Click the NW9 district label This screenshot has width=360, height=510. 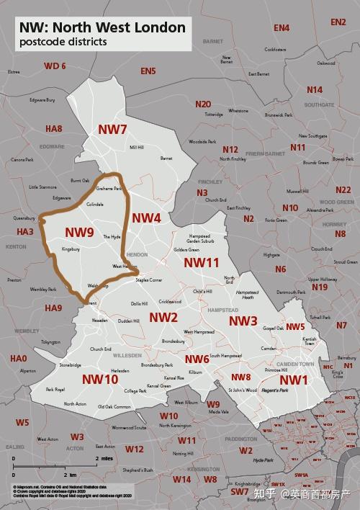[79, 232]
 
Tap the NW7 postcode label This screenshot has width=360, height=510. [112, 130]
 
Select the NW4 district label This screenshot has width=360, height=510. [146, 218]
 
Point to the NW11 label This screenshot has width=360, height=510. [201, 263]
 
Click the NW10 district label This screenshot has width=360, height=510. [100, 379]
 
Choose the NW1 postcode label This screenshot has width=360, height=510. [294, 380]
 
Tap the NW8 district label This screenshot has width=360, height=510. [240, 377]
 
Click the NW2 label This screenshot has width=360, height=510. [163, 317]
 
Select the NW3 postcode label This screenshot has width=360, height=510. [243, 321]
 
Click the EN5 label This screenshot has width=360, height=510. [148, 71]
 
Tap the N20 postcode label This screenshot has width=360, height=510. [203, 104]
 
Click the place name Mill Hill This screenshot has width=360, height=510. [136, 148]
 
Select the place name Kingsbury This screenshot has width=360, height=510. [70, 249]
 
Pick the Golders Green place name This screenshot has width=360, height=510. [186, 250]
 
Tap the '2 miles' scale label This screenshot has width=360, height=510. [104, 458]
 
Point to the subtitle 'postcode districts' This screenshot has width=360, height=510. [63, 42]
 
